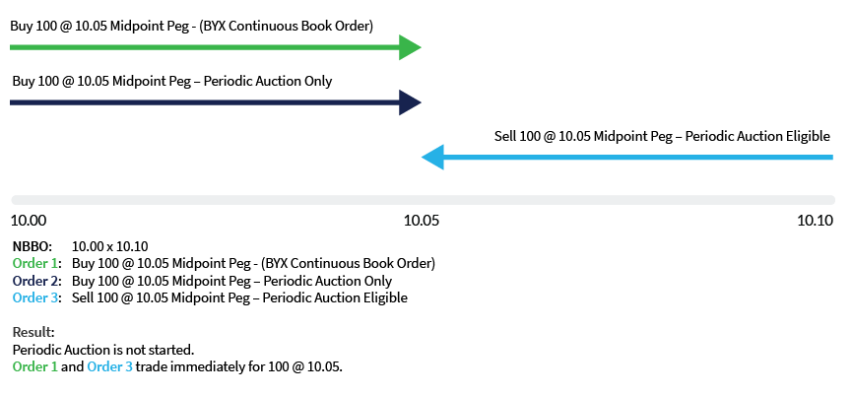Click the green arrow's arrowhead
coord(410,47)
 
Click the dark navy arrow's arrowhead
coord(410,101)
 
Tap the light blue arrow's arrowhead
coord(432,157)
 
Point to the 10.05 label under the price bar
coord(422,221)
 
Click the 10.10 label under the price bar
coord(816,221)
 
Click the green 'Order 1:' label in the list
coord(36,264)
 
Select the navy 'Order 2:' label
coord(36,281)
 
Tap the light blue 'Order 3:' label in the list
coord(36,297)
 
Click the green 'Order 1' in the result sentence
coord(35,367)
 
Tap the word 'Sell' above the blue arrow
coord(505,135)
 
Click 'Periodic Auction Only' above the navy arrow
coord(268,81)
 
